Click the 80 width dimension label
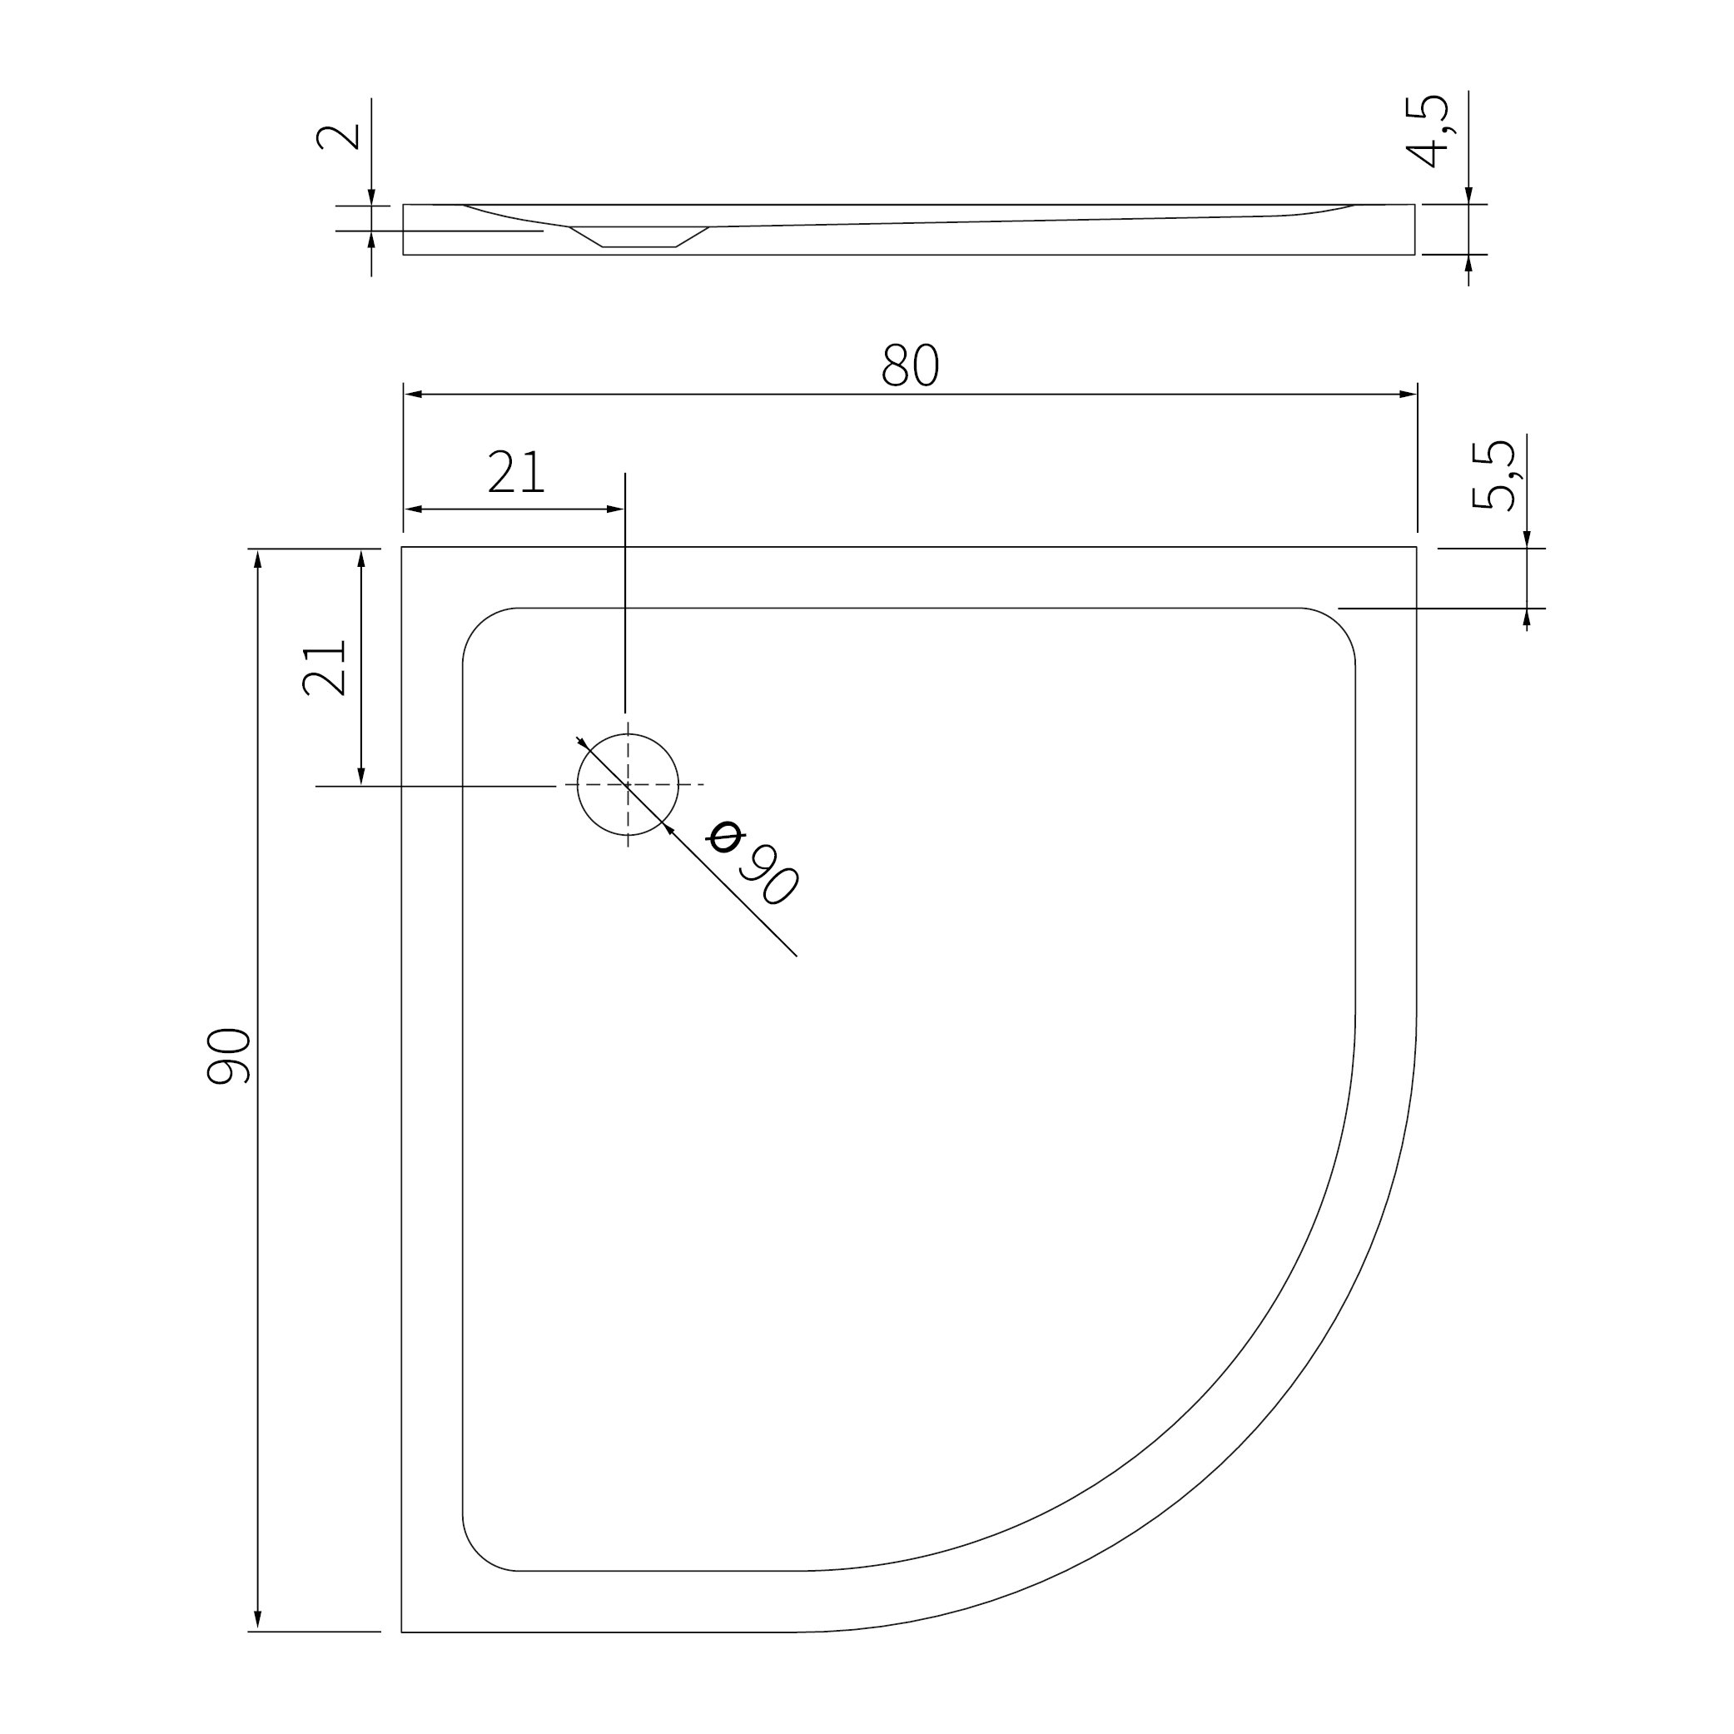tap(910, 365)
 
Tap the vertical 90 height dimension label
tap(229, 1056)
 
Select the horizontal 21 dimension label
tap(516, 472)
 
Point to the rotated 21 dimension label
tap(324, 668)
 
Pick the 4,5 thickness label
tap(1427, 131)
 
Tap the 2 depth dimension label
tap(338, 137)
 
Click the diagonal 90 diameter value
tap(768, 874)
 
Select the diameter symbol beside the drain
tap(725, 837)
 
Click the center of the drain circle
tap(628, 784)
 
